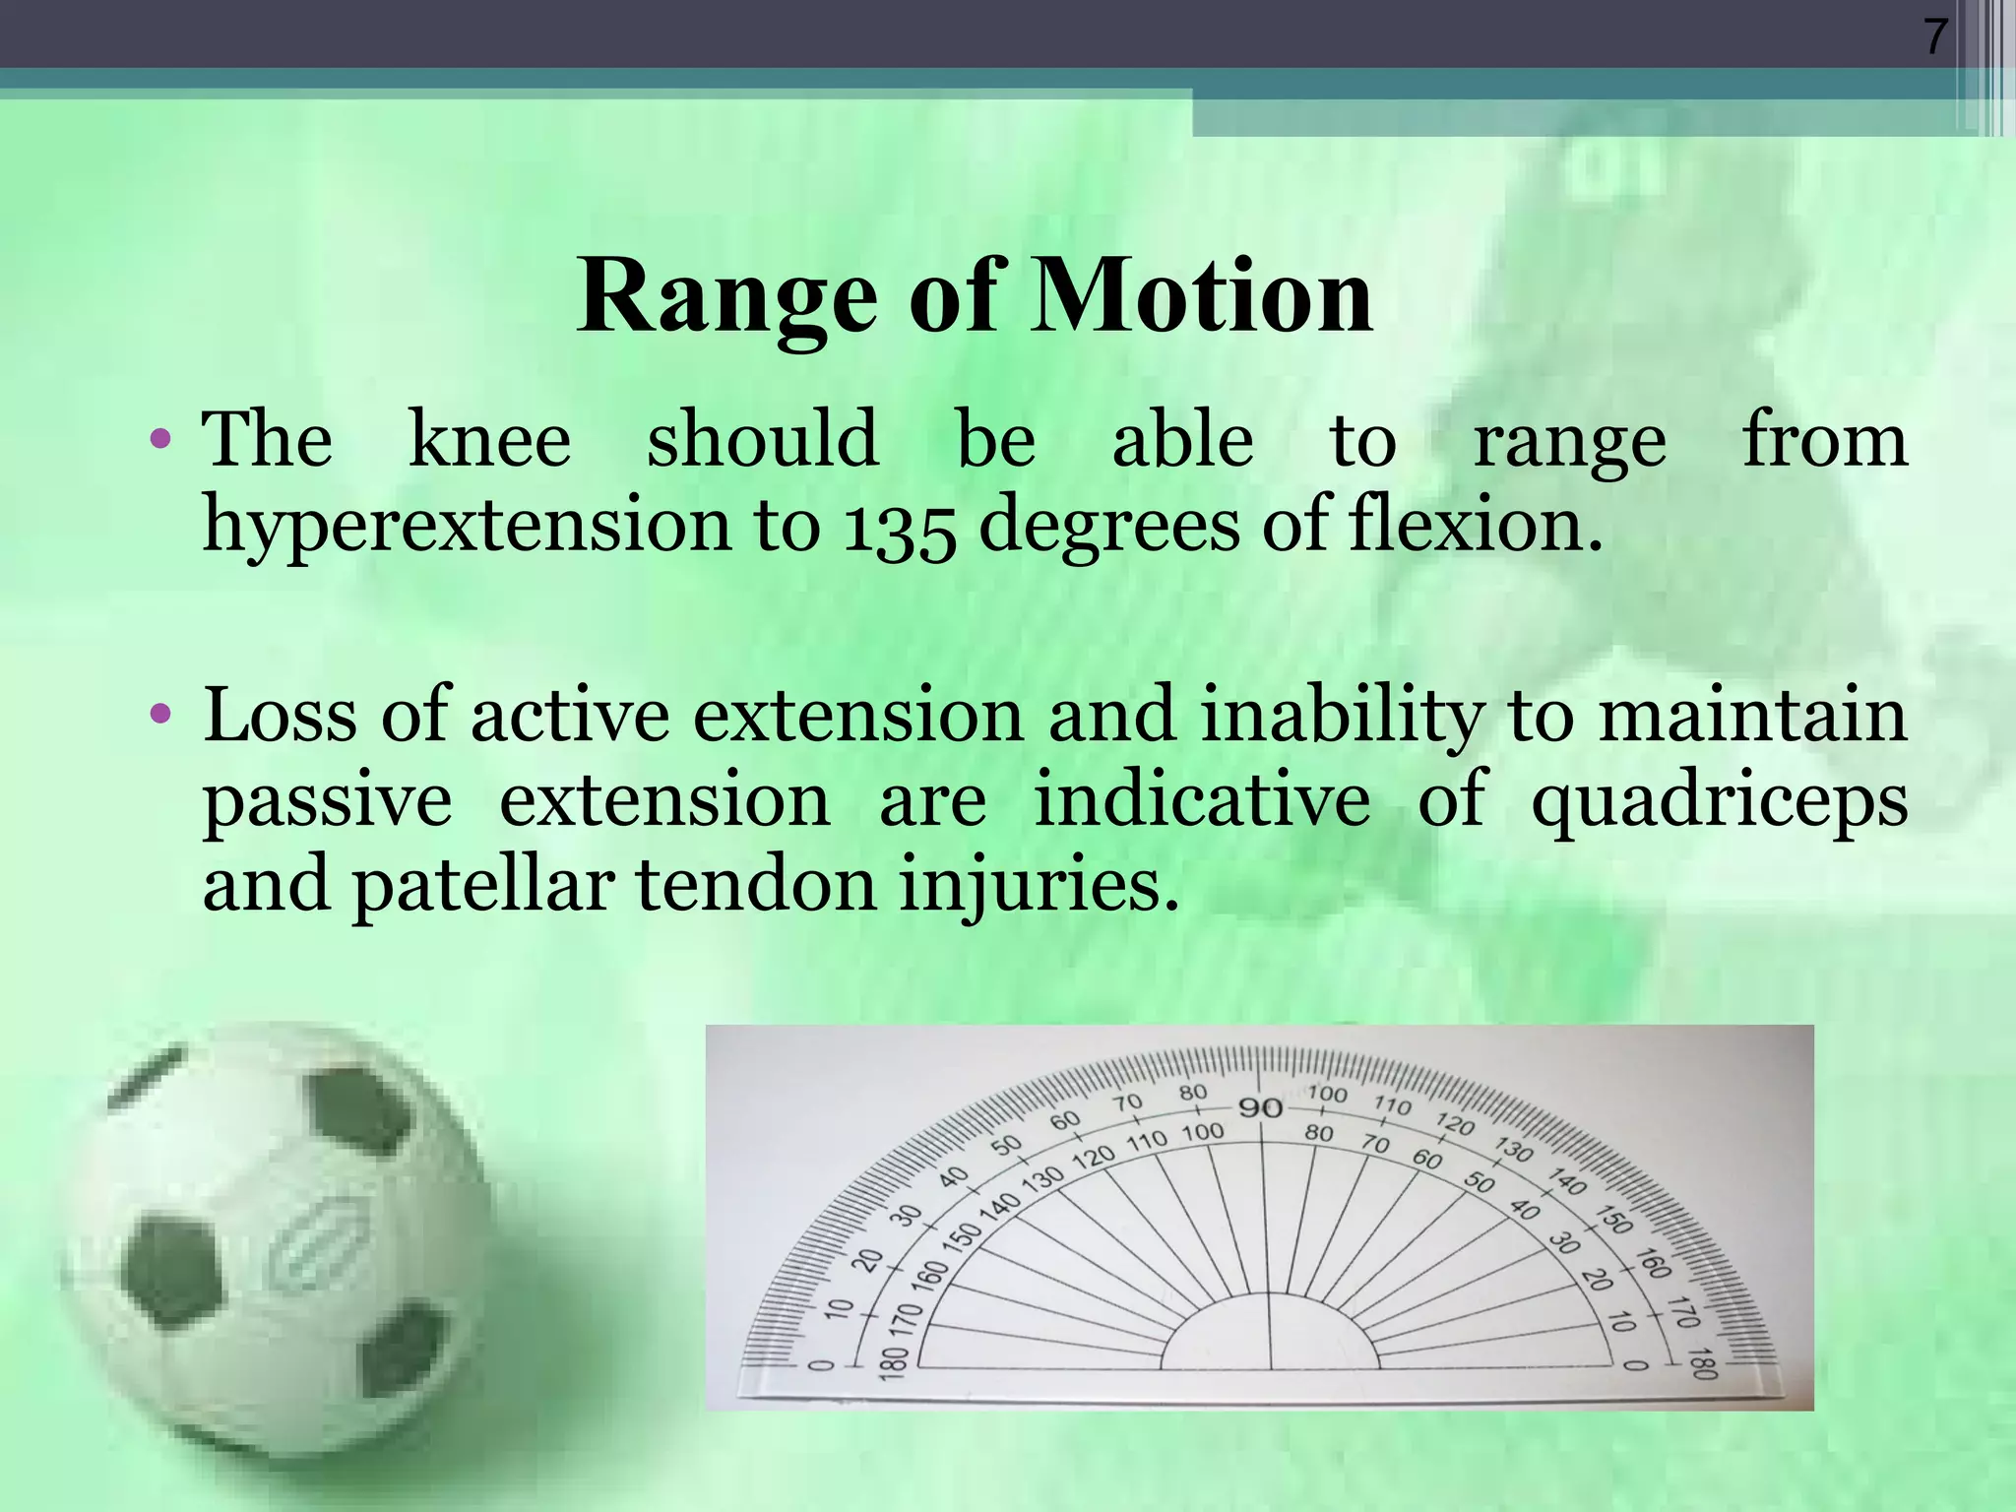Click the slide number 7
click(x=1934, y=38)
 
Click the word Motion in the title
click(x=1200, y=296)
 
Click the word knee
click(x=489, y=439)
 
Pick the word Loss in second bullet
click(x=280, y=715)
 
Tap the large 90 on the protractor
click(x=1260, y=1107)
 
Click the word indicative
click(x=1202, y=799)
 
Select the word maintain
click(x=1753, y=715)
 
